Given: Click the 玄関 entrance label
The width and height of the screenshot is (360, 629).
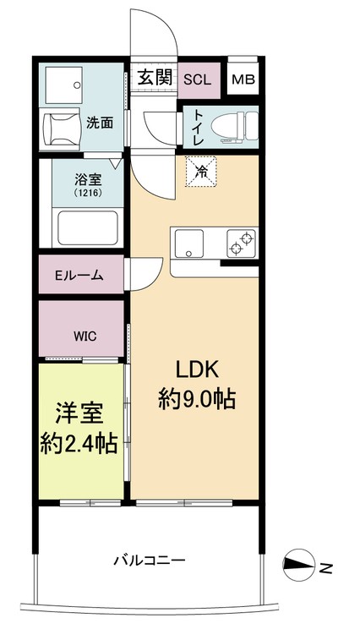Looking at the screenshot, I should point(155,79).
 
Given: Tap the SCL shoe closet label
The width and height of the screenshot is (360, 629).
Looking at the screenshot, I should point(199,79).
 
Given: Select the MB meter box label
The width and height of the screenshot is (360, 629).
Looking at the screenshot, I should point(243,80).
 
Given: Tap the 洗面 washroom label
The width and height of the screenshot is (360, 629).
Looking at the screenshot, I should point(100,123).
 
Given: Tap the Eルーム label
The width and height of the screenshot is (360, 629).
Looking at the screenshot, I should point(79,275).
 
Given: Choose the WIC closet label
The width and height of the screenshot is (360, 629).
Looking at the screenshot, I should point(84,336).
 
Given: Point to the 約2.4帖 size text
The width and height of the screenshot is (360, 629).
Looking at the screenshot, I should point(79,441).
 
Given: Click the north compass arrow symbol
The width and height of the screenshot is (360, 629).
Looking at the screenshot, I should point(299,566).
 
